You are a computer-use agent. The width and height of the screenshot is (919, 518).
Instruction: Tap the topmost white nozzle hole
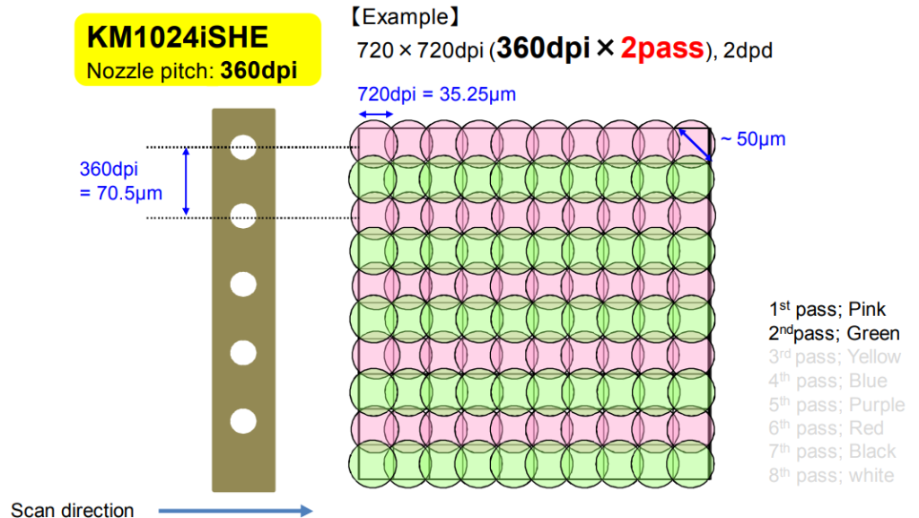point(242,146)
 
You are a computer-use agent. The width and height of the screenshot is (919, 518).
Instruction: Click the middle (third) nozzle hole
point(242,284)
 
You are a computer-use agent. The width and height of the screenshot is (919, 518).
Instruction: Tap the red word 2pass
point(661,48)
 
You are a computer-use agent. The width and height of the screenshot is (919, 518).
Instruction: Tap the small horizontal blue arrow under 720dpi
point(376,114)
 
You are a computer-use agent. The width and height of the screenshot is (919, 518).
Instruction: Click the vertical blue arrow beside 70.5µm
point(187,181)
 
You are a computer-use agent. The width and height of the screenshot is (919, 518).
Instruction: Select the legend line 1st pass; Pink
point(827,310)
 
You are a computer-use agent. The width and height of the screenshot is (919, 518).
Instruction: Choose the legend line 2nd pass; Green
point(834,334)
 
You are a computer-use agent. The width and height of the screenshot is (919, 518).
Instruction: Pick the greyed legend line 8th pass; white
point(831,475)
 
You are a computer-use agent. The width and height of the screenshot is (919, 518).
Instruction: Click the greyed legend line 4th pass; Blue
point(827,381)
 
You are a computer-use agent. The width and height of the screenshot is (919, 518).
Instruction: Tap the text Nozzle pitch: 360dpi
point(191,70)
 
